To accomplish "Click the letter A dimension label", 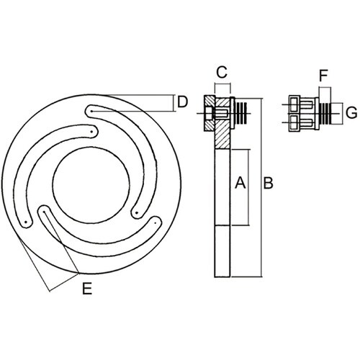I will tap(241, 184).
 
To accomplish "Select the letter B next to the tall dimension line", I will tap(267, 184).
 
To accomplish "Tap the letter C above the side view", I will tap(222, 72).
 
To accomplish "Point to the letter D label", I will tap(182, 102).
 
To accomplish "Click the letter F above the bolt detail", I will tap(323, 75).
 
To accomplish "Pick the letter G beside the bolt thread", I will tap(351, 113).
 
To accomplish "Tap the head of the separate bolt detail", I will tap(295, 114).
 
